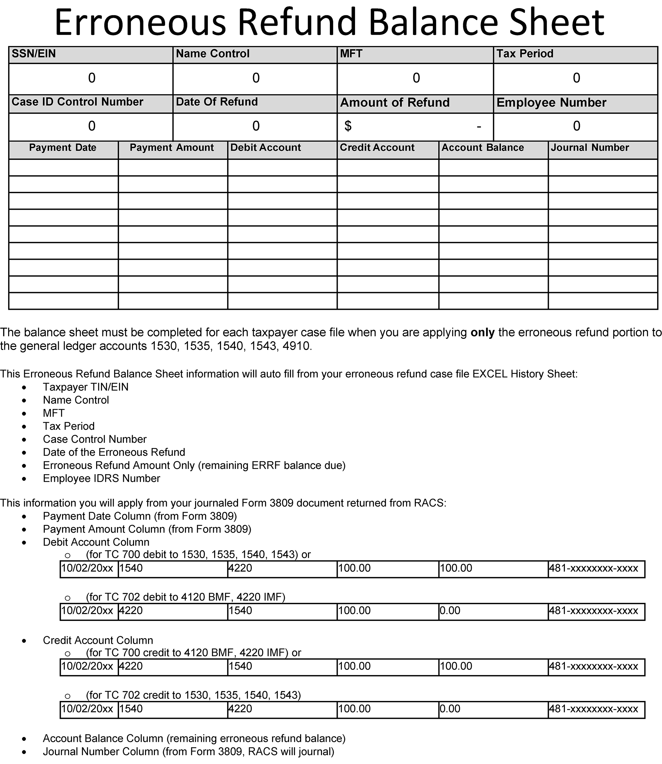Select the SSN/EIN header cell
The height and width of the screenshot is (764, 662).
(34, 54)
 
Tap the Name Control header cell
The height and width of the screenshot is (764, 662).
(212, 54)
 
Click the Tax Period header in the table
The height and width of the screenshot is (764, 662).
(525, 54)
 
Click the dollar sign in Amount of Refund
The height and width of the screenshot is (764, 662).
(348, 126)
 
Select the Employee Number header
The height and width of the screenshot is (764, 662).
(551, 103)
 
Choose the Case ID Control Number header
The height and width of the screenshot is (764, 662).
(77, 102)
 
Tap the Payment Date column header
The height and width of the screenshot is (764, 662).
(62, 148)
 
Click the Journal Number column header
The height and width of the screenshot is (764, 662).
(590, 148)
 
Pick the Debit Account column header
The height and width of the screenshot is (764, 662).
(265, 148)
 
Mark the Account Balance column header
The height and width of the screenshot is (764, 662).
(483, 148)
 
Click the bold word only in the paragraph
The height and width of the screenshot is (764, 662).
(482, 333)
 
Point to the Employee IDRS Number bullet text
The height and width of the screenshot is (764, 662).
(101, 478)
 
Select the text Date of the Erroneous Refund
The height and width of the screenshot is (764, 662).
(114, 452)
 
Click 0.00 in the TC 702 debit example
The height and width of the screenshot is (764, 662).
(450, 611)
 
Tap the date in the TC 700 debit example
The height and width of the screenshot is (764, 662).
(87, 568)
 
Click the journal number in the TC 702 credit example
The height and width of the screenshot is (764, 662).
(594, 709)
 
